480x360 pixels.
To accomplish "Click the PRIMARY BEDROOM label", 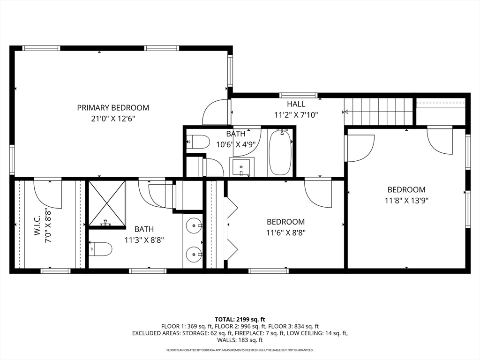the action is tap(113, 108).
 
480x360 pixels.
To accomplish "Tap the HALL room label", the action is tap(296, 104).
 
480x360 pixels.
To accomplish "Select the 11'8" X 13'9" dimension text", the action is tap(406, 201).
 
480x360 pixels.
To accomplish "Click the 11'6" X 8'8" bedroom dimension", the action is tap(285, 233).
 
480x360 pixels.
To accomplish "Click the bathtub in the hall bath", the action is tap(280, 153).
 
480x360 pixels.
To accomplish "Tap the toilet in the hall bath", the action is tap(198, 142).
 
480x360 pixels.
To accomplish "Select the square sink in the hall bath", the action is tap(241, 167).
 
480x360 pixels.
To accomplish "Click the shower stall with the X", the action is tap(107, 203).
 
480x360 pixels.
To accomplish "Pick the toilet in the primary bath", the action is tap(101, 249).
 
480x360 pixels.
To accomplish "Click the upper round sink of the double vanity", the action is tap(194, 226).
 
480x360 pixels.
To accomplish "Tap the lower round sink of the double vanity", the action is tap(194, 254).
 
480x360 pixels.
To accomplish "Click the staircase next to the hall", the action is tap(379, 112).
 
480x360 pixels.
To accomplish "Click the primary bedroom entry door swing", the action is tap(215, 112).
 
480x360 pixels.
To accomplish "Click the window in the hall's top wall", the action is tap(299, 95).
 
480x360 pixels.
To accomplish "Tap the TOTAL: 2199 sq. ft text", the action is tap(240, 320).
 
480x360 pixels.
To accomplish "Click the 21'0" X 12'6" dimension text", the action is tap(113, 119).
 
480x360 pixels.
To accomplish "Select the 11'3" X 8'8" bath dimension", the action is tap(144, 240).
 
